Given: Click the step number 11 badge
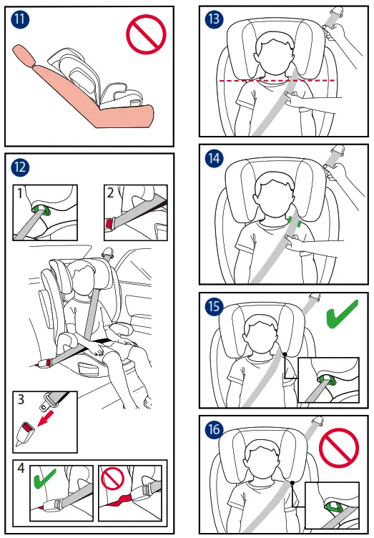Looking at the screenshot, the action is tap(20, 19).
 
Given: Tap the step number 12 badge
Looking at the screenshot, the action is tap(20, 167).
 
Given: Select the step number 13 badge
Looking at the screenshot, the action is tap(215, 19).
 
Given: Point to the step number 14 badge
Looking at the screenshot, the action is tap(215, 158).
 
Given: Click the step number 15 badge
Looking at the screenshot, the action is tap(215, 306).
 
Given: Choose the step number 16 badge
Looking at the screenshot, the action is tap(215, 429).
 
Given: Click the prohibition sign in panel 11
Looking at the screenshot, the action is tap(146, 34).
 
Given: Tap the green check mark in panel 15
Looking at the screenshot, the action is tap(341, 315).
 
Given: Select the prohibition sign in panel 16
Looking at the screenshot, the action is tap(339, 448).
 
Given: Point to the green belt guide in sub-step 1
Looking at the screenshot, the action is tap(42, 210).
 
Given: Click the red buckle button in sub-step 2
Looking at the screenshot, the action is tap(109, 223).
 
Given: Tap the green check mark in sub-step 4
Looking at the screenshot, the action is tap(45, 479).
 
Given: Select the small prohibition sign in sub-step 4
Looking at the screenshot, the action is tap(112, 479).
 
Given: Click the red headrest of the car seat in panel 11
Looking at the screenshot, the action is tap(24, 56).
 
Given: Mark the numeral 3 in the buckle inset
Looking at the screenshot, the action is tap(21, 399).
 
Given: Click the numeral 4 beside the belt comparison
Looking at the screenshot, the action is tap(21, 468).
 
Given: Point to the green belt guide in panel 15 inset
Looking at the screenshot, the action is tap(327, 380).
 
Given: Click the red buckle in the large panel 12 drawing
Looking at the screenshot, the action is tap(49, 362).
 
